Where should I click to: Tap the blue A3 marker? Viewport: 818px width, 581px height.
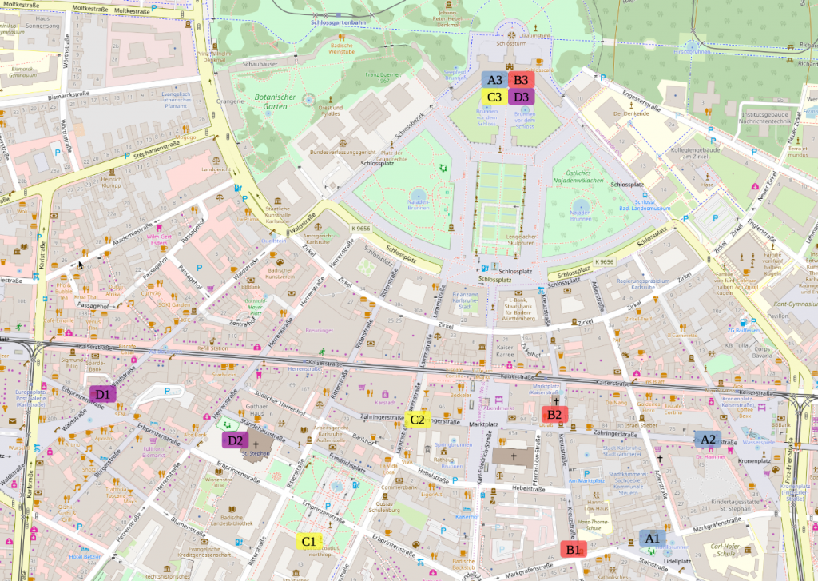pos(495,80)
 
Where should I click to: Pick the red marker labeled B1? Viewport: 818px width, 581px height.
pos(573,549)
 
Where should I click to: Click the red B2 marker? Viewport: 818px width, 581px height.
pos(554,414)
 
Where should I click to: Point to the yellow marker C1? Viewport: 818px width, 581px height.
pos(308,541)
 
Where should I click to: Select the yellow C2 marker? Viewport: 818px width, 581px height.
pos(418,419)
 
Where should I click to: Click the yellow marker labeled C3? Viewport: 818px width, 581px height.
pos(495,97)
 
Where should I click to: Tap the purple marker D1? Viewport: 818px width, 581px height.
pos(103,393)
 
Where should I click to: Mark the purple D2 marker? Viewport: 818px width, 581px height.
pos(235,440)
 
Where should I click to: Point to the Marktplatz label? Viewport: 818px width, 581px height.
pos(484,424)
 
